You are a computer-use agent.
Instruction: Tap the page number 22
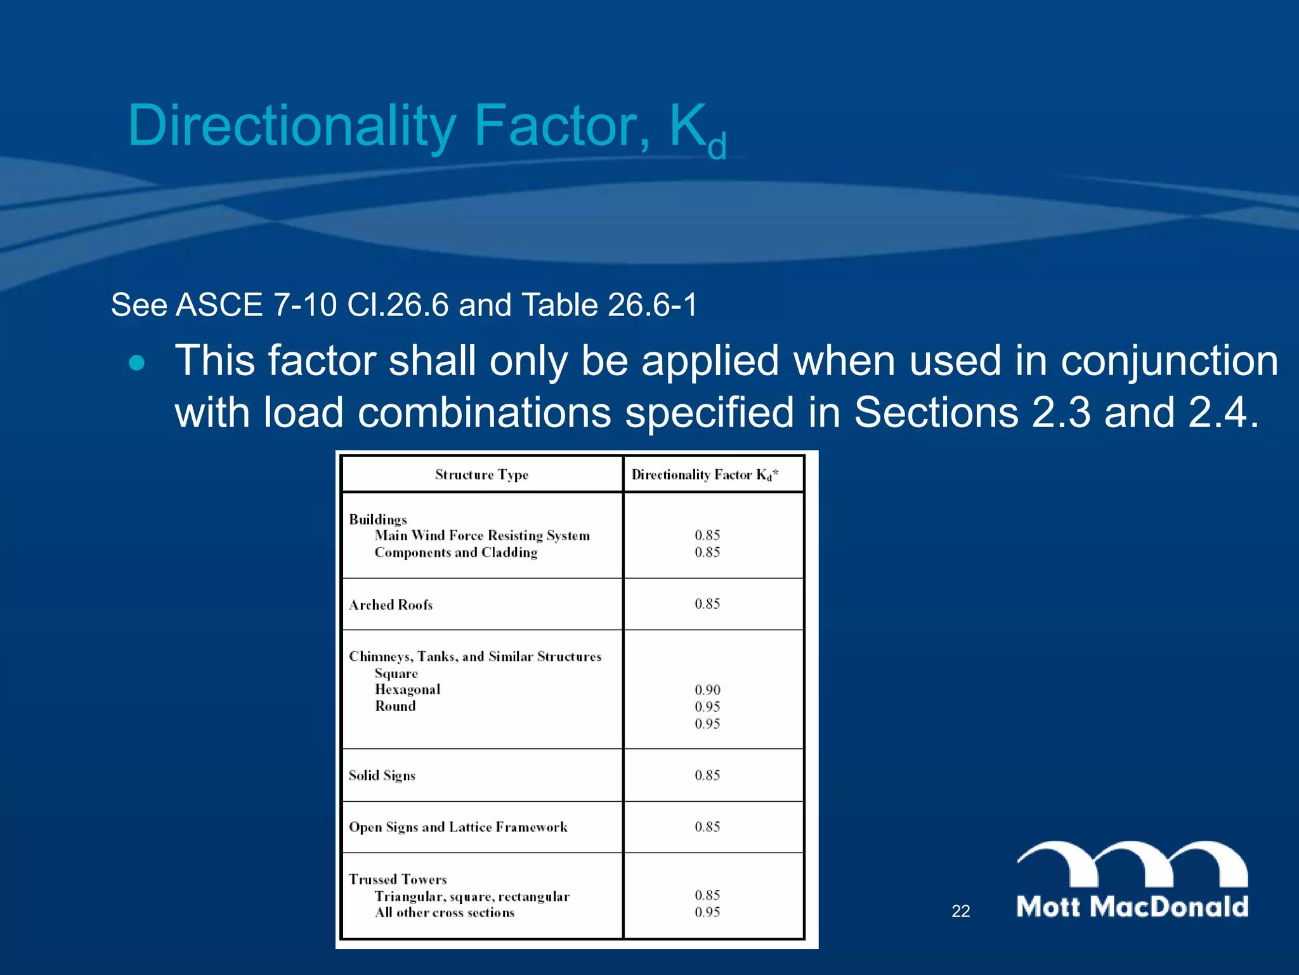960,911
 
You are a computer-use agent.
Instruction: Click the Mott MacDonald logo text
1132,906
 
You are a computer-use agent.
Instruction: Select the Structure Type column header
481,475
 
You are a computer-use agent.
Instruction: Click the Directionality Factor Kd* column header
705,475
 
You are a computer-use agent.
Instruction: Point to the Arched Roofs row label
391,605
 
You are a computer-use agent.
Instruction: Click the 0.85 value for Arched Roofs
707,604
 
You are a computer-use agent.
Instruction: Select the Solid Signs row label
382,776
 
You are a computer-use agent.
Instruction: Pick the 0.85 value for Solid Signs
707,775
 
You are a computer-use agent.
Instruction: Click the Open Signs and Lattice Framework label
458,827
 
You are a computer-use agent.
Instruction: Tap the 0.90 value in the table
707,690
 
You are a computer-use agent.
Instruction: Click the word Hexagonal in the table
407,689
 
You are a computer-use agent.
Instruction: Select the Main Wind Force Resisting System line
482,536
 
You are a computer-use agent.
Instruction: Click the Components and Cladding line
455,552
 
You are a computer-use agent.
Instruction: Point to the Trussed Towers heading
398,880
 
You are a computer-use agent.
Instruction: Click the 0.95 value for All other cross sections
707,912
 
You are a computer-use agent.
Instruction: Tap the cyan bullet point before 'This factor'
136,363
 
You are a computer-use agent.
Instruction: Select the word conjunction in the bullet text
1169,361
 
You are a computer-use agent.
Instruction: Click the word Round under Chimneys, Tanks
395,706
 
